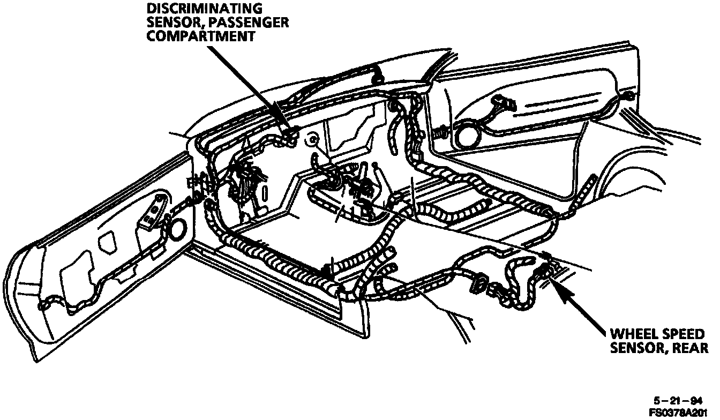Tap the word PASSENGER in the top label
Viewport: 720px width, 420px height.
pyautogui.click(x=251, y=22)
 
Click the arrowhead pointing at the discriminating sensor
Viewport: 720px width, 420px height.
pyautogui.click(x=284, y=124)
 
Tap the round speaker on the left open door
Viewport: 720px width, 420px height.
pyautogui.click(x=177, y=230)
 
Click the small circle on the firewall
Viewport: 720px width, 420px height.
pyautogui.click(x=310, y=141)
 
